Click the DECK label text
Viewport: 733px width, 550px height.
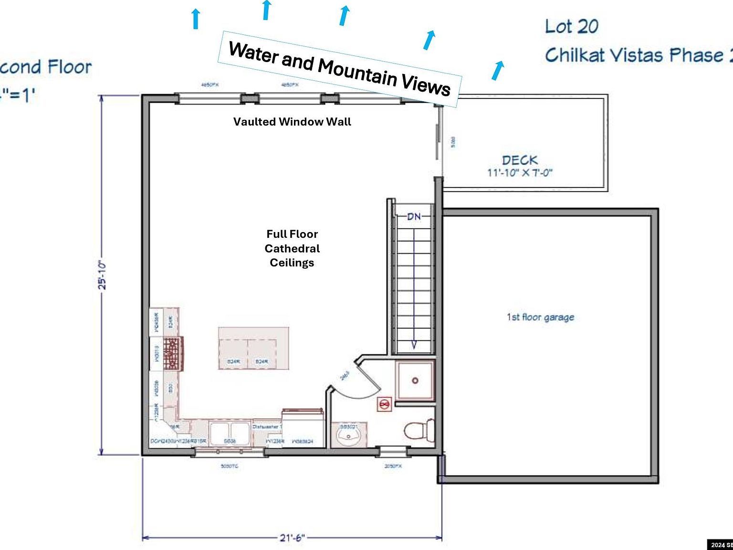tap(519, 160)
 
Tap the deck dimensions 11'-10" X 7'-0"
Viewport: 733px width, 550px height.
tap(520, 173)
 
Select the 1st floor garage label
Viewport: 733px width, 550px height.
tap(540, 317)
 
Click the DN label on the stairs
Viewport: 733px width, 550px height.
tap(414, 216)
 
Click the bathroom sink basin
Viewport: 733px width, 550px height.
tap(349, 434)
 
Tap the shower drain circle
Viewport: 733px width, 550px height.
tap(415, 381)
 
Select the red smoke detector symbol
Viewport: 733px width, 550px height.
tap(384, 405)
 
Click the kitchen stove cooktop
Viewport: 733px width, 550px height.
tap(172, 353)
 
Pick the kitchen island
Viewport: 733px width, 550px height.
tap(253, 348)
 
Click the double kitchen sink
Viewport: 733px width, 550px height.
tap(230, 433)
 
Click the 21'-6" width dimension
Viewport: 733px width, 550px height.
tap(292, 538)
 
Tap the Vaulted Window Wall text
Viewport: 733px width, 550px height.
tap(292, 122)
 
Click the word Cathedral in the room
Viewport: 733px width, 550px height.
tap(292, 248)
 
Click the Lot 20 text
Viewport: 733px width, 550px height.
tap(571, 26)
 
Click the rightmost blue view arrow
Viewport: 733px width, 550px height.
tap(497, 70)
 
